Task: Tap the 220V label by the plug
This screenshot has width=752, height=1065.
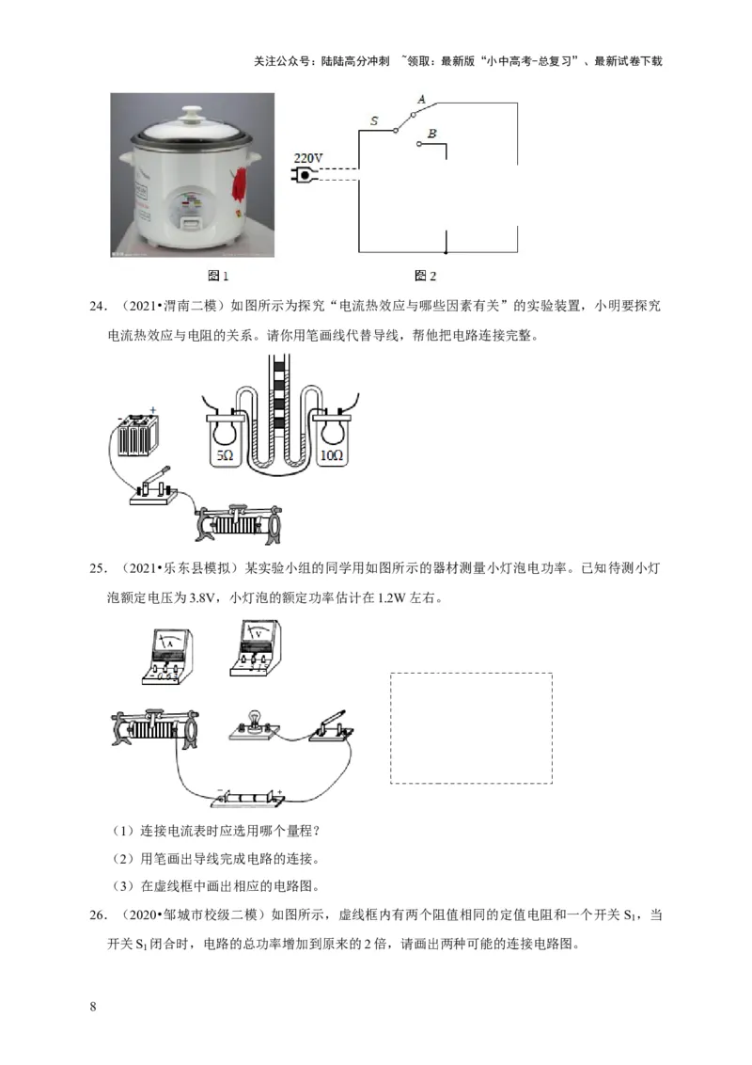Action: [307, 157]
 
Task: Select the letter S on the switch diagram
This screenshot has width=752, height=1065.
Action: [374, 121]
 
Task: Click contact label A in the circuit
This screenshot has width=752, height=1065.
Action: [421, 100]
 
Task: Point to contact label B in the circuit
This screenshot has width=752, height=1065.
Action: [431, 135]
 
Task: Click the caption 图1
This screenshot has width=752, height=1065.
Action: [218, 276]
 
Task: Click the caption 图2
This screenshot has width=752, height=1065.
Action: [426, 276]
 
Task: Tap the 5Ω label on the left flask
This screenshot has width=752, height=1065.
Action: [225, 454]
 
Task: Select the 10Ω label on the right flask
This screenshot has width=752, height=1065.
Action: [332, 454]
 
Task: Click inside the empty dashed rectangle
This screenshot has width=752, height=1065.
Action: [471, 726]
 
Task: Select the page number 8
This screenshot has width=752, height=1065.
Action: [92, 1007]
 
